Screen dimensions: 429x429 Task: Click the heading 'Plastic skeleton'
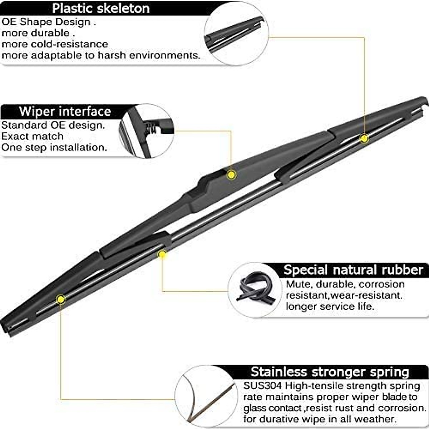point(101,8)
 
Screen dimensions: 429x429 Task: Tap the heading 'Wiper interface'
point(65,112)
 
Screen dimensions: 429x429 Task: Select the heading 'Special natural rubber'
point(353,270)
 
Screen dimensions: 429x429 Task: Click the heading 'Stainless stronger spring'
point(330,372)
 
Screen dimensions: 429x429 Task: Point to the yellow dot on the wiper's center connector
point(231,174)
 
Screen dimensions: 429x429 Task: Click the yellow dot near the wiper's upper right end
point(364,138)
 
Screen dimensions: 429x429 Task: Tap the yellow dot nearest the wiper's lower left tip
point(61,299)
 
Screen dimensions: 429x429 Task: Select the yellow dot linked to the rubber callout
point(162,254)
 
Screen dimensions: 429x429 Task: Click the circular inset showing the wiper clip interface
point(147,131)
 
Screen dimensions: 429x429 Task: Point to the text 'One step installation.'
point(54,148)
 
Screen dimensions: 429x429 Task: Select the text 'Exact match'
point(32,137)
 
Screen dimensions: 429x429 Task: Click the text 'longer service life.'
point(329,307)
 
